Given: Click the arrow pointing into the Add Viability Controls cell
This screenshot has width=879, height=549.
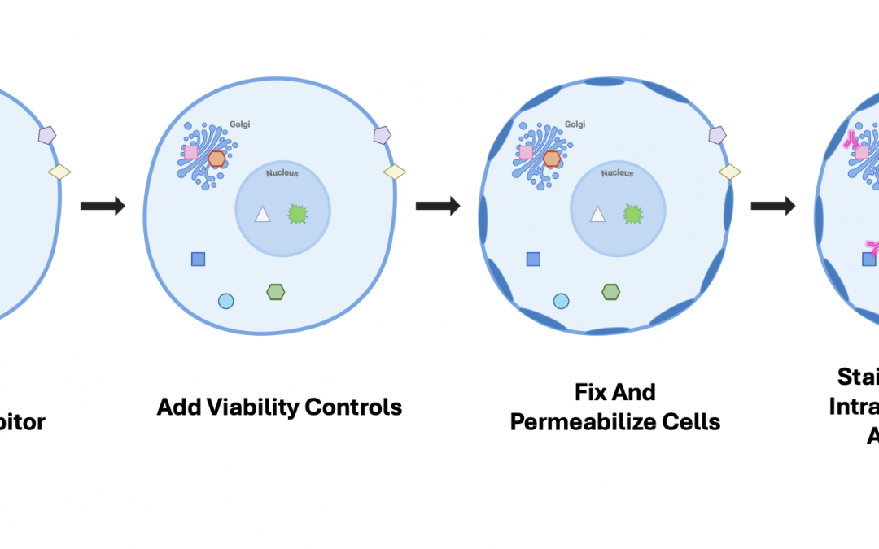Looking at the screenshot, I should pos(103,206).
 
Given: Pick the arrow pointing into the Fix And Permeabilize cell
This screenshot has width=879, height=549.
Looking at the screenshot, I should pos(438,206).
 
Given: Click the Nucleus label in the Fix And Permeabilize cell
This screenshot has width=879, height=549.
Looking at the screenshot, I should pos(617,173).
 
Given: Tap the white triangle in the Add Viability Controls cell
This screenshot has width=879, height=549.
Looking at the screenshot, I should pos(262,215).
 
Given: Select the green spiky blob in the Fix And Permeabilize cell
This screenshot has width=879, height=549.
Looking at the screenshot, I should pos(632,214).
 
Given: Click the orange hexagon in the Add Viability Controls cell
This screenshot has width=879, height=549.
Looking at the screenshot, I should pos(216,159).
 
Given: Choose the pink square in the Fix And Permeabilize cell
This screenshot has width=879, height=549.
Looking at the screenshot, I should pos(526,152).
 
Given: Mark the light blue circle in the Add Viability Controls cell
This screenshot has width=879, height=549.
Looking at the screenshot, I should pos(226,301).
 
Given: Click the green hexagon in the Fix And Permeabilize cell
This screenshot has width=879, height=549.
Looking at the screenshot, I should pos(611,291).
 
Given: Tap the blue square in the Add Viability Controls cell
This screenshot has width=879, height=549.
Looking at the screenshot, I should pos(198,259).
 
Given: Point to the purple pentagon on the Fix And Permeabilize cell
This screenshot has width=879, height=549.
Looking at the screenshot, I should pos(717,135).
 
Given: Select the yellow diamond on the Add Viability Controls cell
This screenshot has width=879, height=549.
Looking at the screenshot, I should pos(395,172).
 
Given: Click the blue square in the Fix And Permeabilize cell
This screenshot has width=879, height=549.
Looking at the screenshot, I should pos(533,259).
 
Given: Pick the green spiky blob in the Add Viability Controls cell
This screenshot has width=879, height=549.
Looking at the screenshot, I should pos(297,214).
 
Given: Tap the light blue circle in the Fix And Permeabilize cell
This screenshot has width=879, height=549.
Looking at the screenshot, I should pos(562,301).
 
